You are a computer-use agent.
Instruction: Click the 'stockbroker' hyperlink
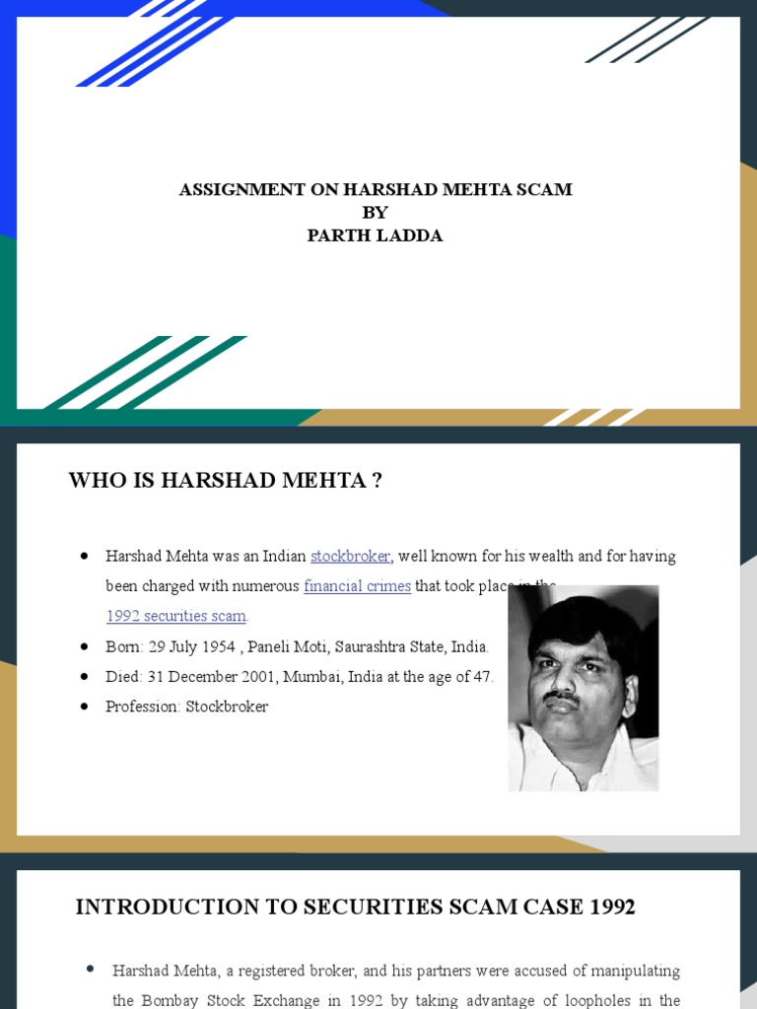pyautogui.click(x=351, y=557)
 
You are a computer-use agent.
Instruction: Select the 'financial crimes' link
pyautogui.click(x=357, y=586)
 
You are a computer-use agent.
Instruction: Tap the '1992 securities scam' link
pyautogui.click(x=176, y=617)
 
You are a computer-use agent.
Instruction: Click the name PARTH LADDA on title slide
pyautogui.click(x=375, y=236)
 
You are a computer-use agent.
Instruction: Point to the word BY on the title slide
pyautogui.click(x=375, y=213)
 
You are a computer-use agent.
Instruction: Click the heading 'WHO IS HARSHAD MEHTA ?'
pyautogui.click(x=225, y=481)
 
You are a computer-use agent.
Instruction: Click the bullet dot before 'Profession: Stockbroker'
pyautogui.click(x=84, y=706)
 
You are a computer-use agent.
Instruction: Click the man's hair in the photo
pyautogui.click(x=582, y=621)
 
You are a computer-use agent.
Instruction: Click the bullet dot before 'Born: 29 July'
pyautogui.click(x=84, y=647)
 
